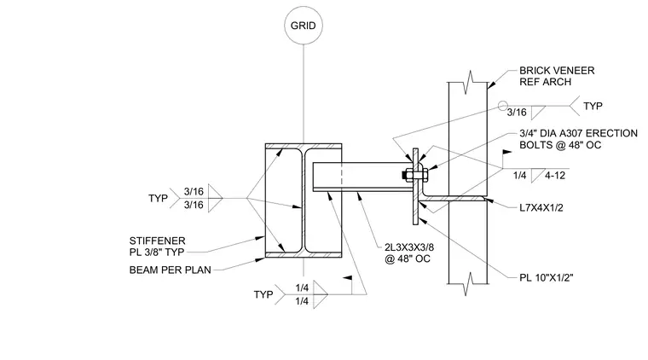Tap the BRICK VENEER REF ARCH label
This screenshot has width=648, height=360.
(557, 76)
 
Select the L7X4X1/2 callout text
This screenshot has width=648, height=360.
(541, 207)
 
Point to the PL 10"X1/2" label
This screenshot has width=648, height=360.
(547, 277)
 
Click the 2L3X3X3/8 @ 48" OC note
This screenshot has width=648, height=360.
(409, 253)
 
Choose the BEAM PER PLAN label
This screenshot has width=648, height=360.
(171, 270)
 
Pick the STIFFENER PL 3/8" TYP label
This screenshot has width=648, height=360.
(157, 247)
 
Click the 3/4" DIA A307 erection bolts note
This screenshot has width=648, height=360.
(578, 139)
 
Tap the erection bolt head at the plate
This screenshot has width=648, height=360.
(405, 175)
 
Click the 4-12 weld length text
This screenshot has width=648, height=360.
(554, 175)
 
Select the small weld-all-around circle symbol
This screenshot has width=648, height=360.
(502, 106)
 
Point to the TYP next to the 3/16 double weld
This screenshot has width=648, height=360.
(158, 199)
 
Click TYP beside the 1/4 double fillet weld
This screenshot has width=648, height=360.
(263, 294)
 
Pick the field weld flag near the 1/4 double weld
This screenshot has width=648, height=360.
(348, 278)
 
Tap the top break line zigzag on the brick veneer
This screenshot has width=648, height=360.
(468, 82)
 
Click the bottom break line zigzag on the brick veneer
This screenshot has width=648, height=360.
(468, 284)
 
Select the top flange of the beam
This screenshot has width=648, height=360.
(304, 146)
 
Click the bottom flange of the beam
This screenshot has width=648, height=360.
(304, 255)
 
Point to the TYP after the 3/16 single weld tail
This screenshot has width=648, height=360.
(593, 106)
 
